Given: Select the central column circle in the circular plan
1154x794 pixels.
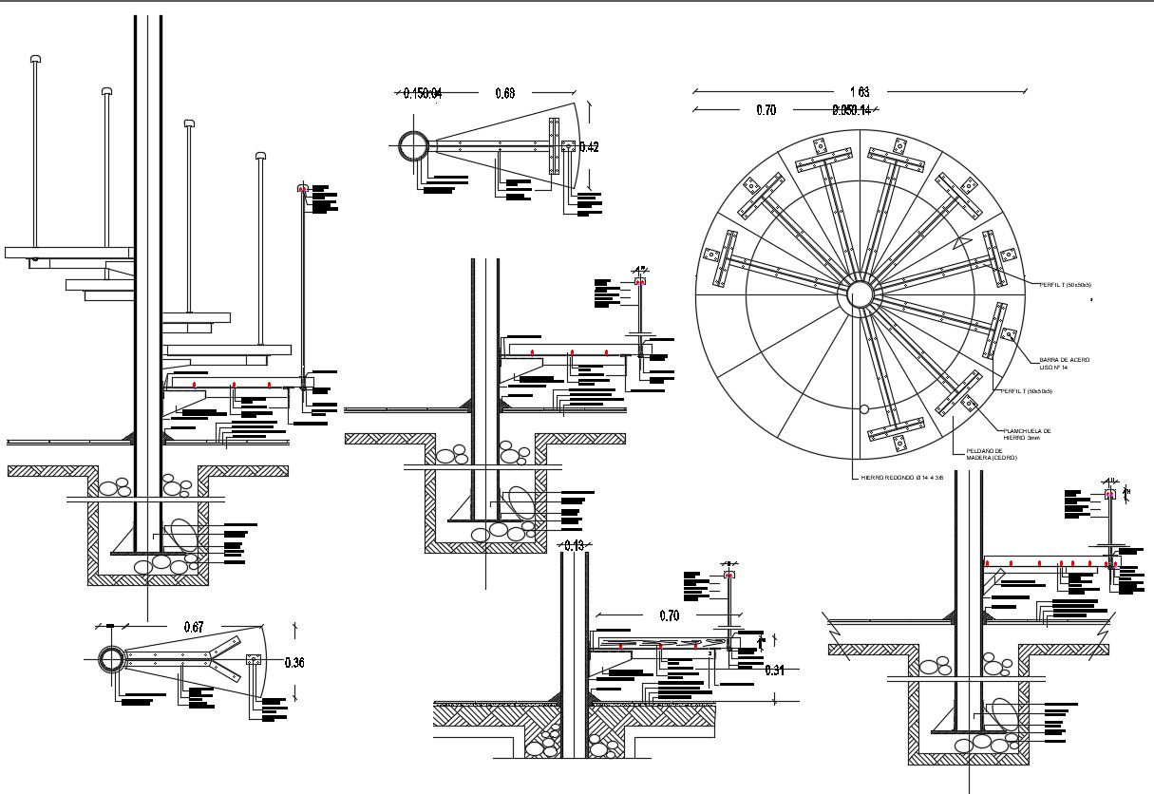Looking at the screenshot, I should pyautogui.click(x=860, y=293).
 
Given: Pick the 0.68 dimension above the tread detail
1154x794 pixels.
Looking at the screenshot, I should pyautogui.click(x=505, y=93).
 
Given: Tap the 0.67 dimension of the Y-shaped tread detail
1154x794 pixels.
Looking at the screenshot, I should pyautogui.click(x=194, y=627).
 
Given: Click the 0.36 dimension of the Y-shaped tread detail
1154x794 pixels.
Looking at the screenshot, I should pyautogui.click(x=294, y=663).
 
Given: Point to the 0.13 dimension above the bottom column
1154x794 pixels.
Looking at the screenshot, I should pyautogui.click(x=576, y=545).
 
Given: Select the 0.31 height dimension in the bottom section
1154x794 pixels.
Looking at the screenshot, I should pyautogui.click(x=775, y=671).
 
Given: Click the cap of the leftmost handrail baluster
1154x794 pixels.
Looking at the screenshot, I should pyautogui.click(x=35, y=59).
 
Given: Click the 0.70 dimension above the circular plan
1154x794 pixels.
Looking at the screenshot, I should pyautogui.click(x=766, y=110).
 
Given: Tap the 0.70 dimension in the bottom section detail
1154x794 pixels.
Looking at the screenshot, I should pyautogui.click(x=671, y=615).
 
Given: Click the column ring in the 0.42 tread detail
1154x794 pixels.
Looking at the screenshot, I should pyautogui.click(x=414, y=146).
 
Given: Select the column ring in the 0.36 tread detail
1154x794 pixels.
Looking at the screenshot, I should pyautogui.click(x=111, y=660).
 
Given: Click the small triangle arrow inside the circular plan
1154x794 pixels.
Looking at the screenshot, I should pyautogui.click(x=963, y=243).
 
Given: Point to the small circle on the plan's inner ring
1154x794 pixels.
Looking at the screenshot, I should pyautogui.click(x=863, y=410).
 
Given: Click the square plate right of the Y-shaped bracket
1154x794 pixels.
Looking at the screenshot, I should pyautogui.click(x=254, y=660).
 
